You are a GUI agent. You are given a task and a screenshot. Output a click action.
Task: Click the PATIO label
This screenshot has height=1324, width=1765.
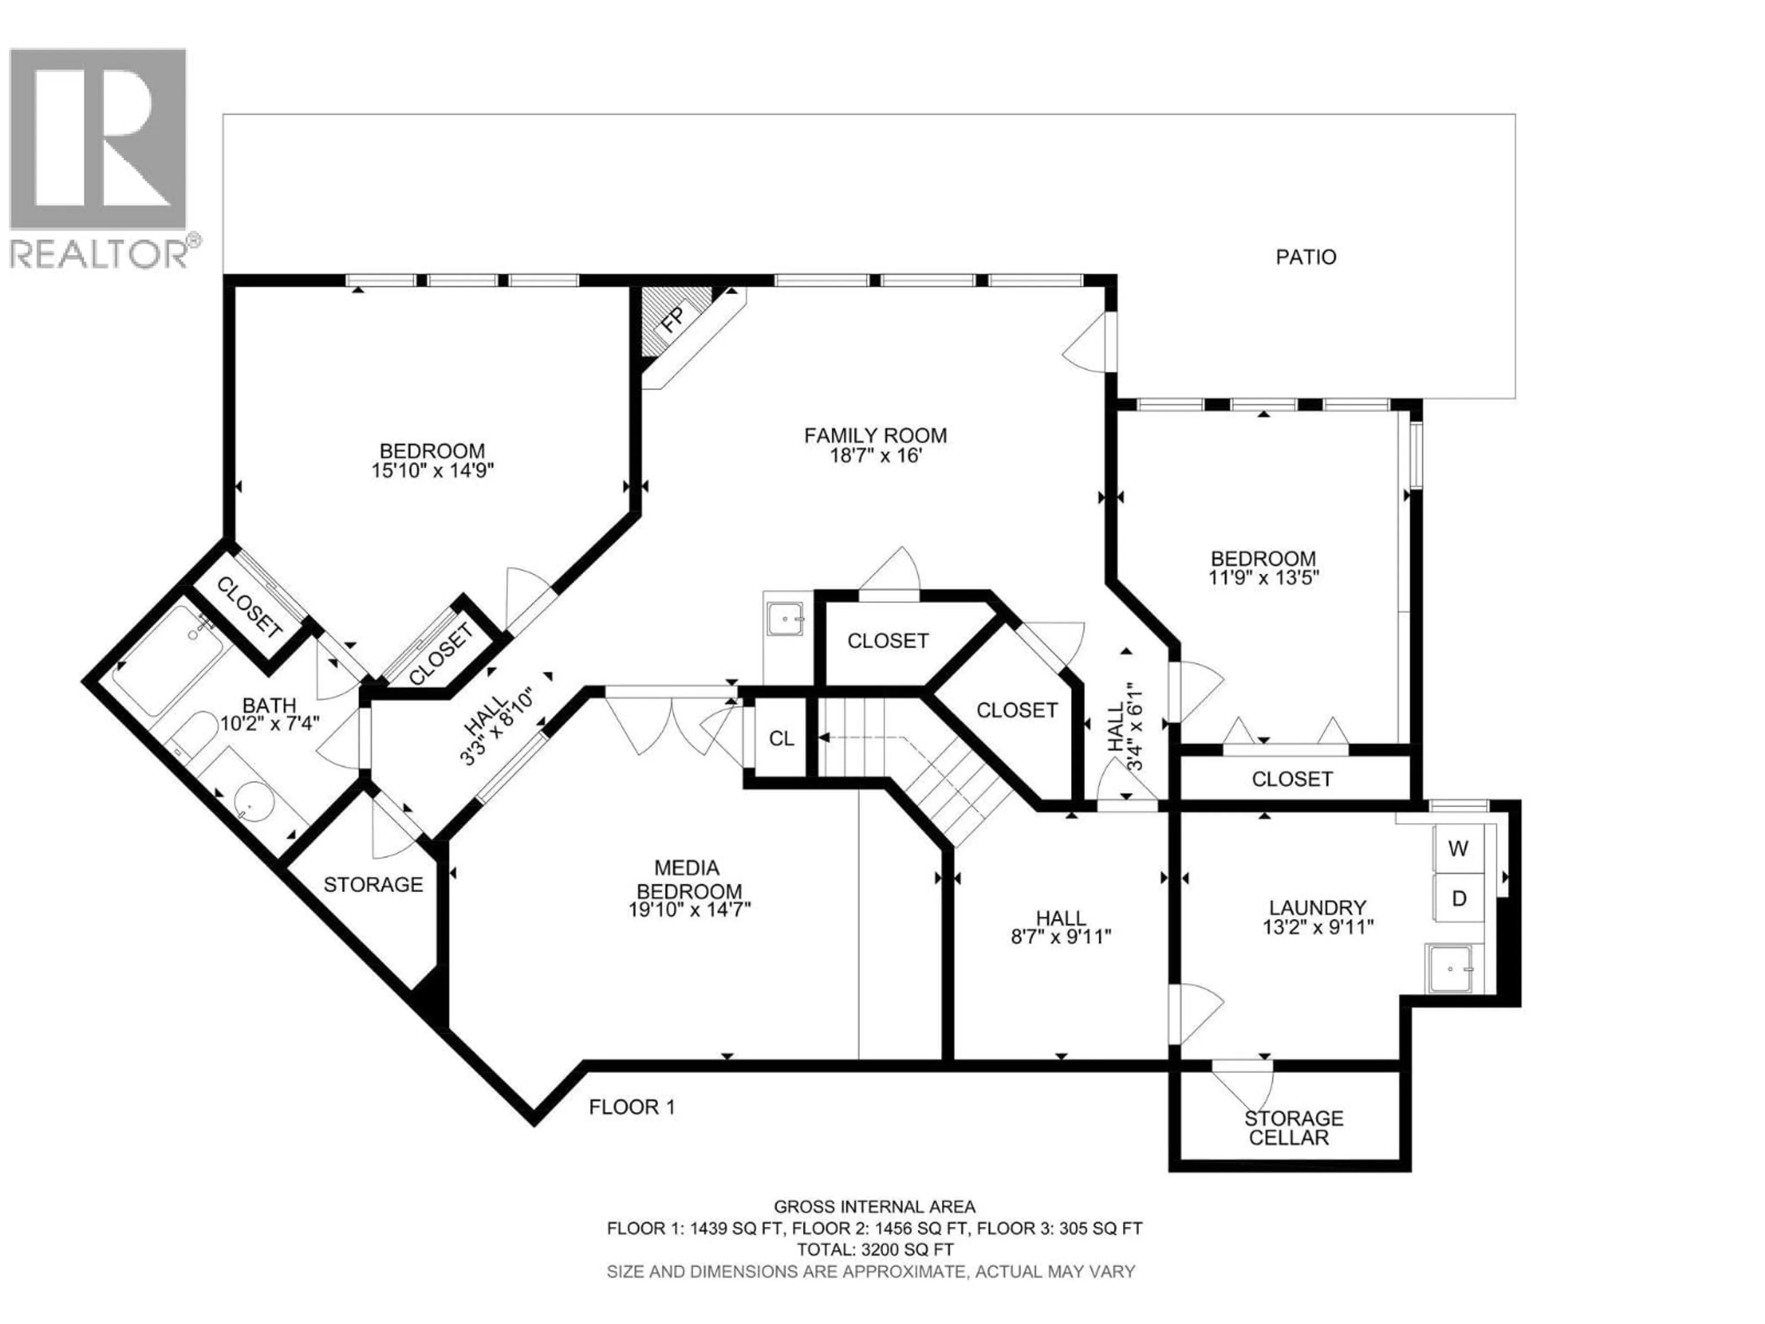pyautogui.click(x=1305, y=257)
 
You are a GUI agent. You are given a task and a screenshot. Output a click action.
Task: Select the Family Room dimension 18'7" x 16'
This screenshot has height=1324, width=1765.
pyautogui.click(x=875, y=456)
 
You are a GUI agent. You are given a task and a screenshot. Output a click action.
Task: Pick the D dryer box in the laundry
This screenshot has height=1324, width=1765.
pyautogui.click(x=1458, y=899)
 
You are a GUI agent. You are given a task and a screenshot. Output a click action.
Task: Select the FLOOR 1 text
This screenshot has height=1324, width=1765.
pyautogui.click(x=632, y=1107)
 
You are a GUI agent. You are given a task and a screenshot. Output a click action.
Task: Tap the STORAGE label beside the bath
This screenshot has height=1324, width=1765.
pyautogui.click(x=373, y=884)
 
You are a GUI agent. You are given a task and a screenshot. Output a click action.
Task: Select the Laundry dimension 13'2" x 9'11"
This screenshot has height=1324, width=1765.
pyautogui.click(x=1317, y=927)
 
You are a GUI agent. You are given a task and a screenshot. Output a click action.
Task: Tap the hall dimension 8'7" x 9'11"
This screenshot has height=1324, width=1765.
pyautogui.click(x=1060, y=937)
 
